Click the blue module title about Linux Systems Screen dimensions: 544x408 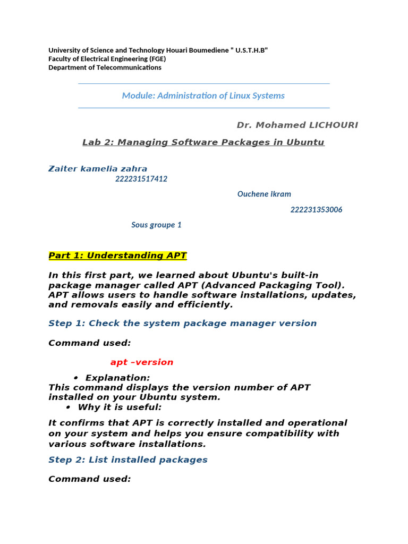pyautogui.click(x=203, y=96)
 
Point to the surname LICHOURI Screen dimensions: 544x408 pyautogui.click(x=330, y=125)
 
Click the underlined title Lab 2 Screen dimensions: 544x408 pyautogui.click(x=203, y=142)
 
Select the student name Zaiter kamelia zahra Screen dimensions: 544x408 pyautogui.click(x=98, y=169)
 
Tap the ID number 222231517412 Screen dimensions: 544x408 pyautogui.click(x=141, y=179)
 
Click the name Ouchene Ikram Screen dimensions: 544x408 pyautogui.click(x=264, y=194)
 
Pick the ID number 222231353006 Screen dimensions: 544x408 pyautogui.click(x=316, y=209)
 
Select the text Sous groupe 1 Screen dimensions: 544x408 pyautogui.click(x=156, y=225)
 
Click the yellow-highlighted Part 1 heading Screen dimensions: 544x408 pyautogui.click(x=117, y=256)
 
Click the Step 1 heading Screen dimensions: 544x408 pyautogui.click(x=182, y=323)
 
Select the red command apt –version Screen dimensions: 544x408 pyautogui.click(x=142, y=362)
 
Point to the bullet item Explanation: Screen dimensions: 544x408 pyautogui.click(x=117, y=378)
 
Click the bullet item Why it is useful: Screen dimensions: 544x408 pyautogui.click(x=120, y=407)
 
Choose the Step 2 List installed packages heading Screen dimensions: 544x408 pyautogui.click(x=128, y=460)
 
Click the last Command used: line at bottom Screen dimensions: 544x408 pyautogui.click(x=89, y=479)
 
